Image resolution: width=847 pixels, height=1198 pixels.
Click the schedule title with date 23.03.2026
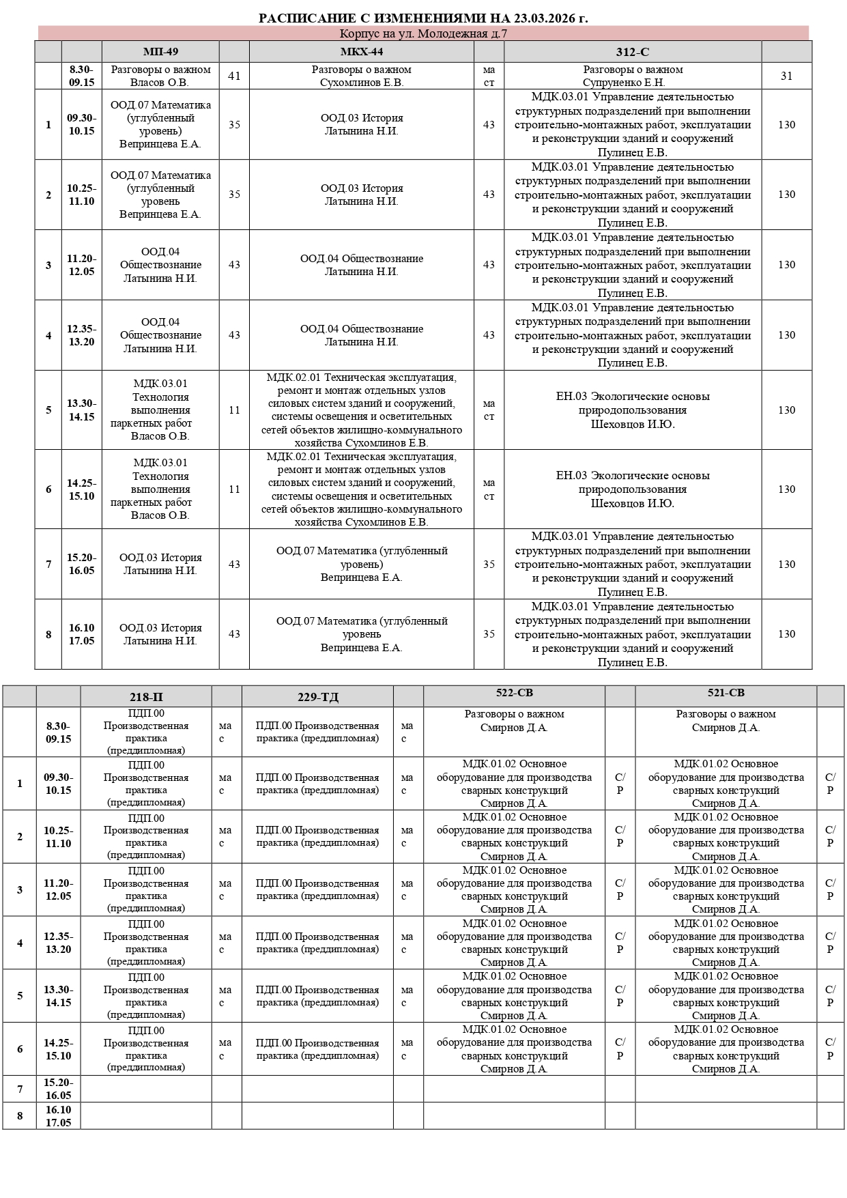[423, 18]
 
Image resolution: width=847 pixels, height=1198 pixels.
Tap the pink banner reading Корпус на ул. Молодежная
[423, 33]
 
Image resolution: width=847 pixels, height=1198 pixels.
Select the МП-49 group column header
[160, 52]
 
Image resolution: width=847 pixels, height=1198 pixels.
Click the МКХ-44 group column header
[361, 52]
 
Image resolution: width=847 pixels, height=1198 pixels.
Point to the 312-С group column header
[632, 52]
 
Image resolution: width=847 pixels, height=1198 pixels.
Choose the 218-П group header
[146, 697]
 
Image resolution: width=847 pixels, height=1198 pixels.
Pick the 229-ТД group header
[317, 697]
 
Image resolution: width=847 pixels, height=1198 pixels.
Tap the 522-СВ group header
[514, 693]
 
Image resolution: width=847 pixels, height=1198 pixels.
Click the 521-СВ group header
[726, 693]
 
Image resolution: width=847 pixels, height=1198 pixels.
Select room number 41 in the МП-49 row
[234, 76]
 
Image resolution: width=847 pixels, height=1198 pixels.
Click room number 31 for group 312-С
[786, 76]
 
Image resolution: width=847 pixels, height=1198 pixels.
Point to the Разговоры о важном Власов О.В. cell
[160, 76]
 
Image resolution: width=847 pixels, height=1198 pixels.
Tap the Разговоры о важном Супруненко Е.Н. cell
[632, 76]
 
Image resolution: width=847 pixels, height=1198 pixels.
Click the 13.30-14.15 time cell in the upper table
[81, 410]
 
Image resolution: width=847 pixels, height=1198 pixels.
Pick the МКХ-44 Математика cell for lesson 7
[361, 564]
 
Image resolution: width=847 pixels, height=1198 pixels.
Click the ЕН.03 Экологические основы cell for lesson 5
[632, 410]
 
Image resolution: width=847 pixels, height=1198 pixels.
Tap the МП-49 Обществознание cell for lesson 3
[160, 265]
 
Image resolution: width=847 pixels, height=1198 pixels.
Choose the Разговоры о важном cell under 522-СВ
[514, 721]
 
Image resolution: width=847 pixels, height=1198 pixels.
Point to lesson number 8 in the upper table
[48, 634]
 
